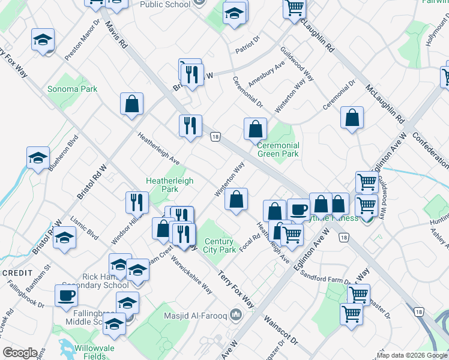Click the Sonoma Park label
[72, 89]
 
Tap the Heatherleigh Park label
[163, 184]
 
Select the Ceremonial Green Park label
[278, 149]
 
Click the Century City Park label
[219, 245]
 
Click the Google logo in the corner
[19, 353]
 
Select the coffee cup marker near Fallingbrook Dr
[66, 295]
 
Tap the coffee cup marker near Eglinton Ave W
[298, 209]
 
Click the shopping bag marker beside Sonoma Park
[131, 104]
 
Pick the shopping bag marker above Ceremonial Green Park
[255, 128]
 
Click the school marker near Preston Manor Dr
[43, 40]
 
